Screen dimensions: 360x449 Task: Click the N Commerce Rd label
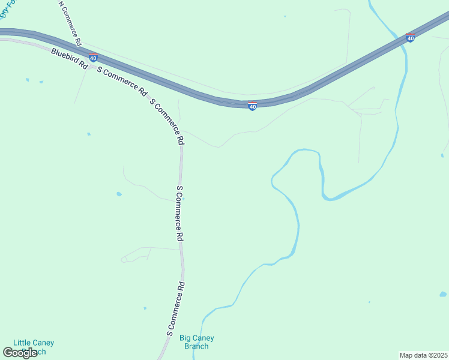tap(70, 23)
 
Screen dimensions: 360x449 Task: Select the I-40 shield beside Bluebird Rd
tap(93, 58)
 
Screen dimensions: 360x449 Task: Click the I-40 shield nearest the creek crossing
tap(410, 38)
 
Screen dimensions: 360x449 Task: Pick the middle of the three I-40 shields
tap(253, 106)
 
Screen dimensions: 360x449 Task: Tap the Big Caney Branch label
tap(196, 342)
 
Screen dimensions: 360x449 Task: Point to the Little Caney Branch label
tap(34, 347)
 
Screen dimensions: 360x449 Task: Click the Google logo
tap(20, 353)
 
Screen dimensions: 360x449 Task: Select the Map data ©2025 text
tap(423, 355)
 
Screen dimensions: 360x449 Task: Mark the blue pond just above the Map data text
tap(443, 294)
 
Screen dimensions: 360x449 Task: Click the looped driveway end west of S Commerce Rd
tap(124, 260)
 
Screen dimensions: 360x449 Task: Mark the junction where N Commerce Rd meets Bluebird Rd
tap(82, 50)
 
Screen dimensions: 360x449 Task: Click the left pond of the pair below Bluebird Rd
tap(27, 79)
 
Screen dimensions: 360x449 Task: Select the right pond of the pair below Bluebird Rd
tap(41, 82)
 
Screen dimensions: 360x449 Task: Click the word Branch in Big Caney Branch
tap(196, 346)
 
